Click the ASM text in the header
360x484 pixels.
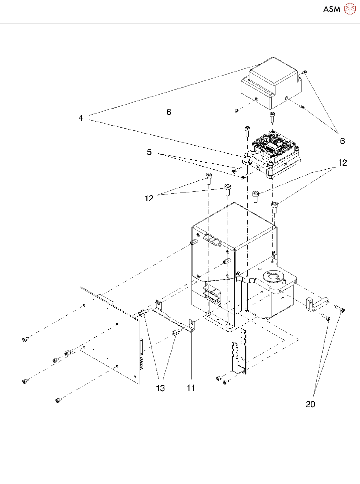point(332,9)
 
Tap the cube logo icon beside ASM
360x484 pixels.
point(350,9)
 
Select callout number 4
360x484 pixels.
point(81,118)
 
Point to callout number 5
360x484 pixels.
point(149,152)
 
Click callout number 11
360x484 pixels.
point(191,388)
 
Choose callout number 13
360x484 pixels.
point(160,388)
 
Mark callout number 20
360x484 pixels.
point(311,404)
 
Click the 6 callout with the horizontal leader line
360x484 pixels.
point(169,112)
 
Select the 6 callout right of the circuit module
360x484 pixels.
point(342,141)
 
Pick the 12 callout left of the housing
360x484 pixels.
point(149,198)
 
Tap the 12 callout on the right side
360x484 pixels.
point(342,163)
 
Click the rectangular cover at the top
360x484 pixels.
point(272,84)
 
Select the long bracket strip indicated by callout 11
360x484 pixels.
point(174,319)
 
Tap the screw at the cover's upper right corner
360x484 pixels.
point(305,71)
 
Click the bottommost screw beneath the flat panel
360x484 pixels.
point(58,400)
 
